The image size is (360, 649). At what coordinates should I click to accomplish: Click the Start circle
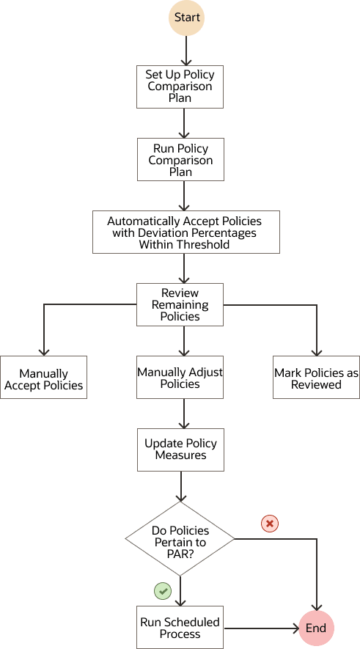point(187,18)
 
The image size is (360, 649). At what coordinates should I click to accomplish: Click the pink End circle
point(316,628)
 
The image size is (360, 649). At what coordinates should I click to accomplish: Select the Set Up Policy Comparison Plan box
point(180,86)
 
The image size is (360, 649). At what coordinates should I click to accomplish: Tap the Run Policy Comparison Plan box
point(180,160)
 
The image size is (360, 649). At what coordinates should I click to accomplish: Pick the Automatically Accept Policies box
point(185,232)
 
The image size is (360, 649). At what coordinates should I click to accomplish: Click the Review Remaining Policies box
point(180,304)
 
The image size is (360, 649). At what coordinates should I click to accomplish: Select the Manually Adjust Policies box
point(180,378)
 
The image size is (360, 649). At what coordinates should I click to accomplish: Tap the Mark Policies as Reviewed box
point(316,378)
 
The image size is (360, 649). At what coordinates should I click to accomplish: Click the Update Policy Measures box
point(180,449)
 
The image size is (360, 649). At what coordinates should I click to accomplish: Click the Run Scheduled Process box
point(180,627)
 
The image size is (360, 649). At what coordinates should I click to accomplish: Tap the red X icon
point(271,524)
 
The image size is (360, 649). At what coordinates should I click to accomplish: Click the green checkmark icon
point(162,590)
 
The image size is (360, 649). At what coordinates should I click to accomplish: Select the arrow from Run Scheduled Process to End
point(260,628)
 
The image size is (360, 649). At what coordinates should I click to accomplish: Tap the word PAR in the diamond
point(180,554)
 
